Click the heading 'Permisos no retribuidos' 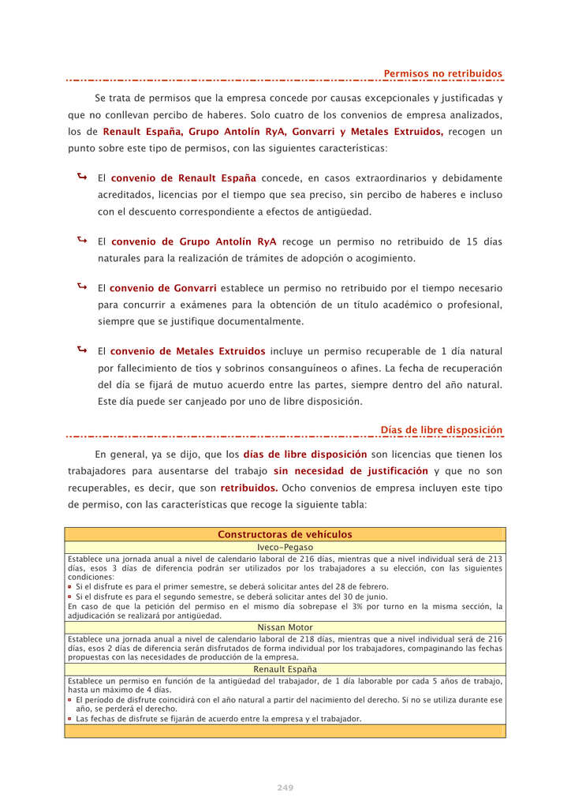[442, 74]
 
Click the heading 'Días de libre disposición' [441, 430]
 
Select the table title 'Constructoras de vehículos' [285, 535]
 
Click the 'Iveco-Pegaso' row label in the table [285, 547]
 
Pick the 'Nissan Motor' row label [285, 627]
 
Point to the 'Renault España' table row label [285, 668]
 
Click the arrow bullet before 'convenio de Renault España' [82, 178]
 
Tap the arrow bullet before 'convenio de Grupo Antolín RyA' [82, 240]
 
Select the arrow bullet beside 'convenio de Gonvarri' [82, 287]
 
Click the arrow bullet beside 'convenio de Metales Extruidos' [82, 350]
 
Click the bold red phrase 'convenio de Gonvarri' [163, 289]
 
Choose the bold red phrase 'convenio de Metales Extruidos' [188, 351]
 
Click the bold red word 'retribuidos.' [248, 488]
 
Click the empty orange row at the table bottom [285, 731]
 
